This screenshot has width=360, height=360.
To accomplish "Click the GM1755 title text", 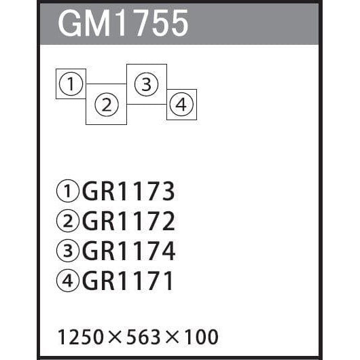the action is [x=124, y=23].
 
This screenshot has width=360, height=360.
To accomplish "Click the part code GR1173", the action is [x=128, y=191].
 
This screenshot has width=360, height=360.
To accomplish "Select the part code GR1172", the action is [x=128, y=221].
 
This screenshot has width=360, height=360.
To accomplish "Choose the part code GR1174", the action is [x=129, y=250].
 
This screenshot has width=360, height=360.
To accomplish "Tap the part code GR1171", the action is [x=127, y=280].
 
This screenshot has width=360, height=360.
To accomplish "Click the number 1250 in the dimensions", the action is [x=81, y=337].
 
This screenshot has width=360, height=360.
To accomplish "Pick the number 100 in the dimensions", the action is [x=200, y=337].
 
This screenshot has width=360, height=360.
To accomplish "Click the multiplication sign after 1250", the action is [x=115, y=337].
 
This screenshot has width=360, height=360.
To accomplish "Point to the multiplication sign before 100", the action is [x=172, y=337].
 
